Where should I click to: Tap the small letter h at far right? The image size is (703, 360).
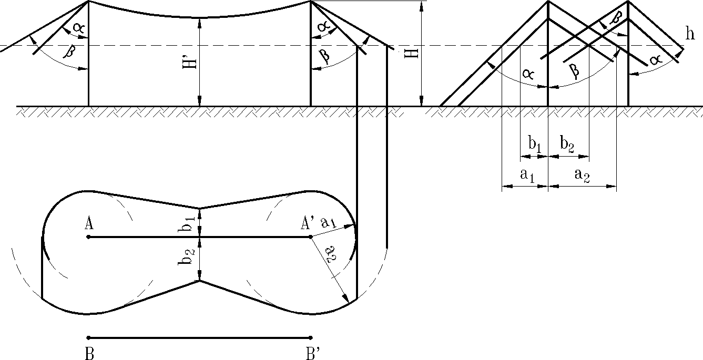click(x=690, y=34)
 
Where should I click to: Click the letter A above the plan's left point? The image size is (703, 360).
click(x=89, y=224)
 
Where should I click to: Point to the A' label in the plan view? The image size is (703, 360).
click(x=308, y=224)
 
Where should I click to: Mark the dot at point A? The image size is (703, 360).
click(x=88, y=237)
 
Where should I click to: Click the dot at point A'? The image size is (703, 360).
click(x=311, y=237)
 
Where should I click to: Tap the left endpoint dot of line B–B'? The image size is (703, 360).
click(x=88, y=337)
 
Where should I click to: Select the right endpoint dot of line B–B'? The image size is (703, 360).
click(x=311, y=337)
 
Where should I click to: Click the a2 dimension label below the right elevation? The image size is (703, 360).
click(x=582, y=175)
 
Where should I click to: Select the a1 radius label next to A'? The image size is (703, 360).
click(x=328, y=223)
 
